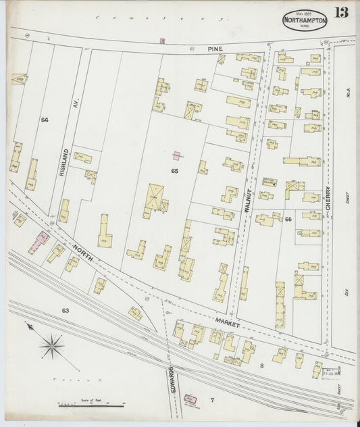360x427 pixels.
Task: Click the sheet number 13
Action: pos(342,12)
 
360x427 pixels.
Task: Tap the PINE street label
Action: pos(215,49)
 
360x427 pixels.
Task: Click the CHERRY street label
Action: pos(328,202)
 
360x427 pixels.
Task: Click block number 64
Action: pos(44,120)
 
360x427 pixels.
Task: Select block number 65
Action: pos(174,172)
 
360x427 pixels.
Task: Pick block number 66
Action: pos(288,219)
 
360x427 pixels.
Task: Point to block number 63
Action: pos(65,311)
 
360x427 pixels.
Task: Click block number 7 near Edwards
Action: pos(211,399)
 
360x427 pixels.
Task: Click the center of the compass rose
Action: pos(51,347)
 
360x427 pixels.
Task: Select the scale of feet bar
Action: pos(91,405)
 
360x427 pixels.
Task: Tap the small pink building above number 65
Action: pos(176,156)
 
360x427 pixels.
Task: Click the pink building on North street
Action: pos(38,241)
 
